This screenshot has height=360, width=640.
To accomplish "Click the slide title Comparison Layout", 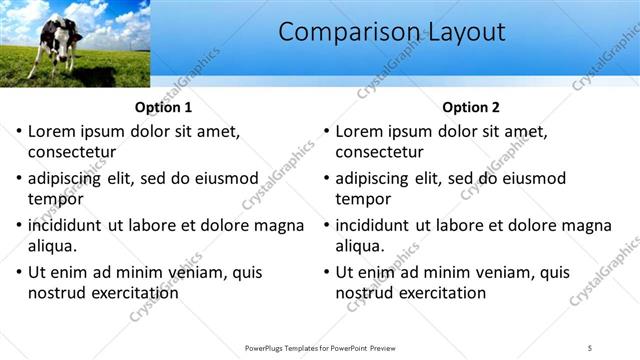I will (391, 33).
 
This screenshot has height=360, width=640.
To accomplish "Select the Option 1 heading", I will (163, 108).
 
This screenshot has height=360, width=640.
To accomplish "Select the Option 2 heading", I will (470, 108).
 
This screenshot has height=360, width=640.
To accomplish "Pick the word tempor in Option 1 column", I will (56, 198).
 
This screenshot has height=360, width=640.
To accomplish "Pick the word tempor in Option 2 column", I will (363, 198).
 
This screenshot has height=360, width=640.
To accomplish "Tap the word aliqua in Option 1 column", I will (53, 245).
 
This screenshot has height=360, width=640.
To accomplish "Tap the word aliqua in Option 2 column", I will (360, 245).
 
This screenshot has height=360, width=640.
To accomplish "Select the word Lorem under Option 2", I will (358, 131).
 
